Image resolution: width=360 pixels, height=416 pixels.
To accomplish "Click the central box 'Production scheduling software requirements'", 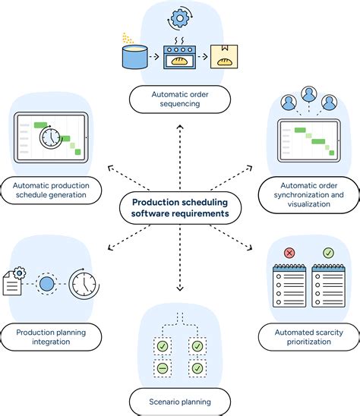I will [x=180, y=208].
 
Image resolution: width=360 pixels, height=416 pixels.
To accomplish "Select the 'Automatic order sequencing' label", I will [x=180, y=98].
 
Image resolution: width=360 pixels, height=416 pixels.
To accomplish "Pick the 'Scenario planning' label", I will [x=180, y=399].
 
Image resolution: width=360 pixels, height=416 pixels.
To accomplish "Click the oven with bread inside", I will [x=180, y=55].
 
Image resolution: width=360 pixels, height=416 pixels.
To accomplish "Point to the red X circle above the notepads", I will [x=289, y=252].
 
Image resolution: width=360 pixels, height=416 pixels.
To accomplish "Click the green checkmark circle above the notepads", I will [x=327, y=252].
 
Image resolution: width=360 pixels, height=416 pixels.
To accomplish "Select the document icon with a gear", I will [x=15, y=282].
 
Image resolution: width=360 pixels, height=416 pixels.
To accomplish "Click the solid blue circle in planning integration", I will [x=47, y=284].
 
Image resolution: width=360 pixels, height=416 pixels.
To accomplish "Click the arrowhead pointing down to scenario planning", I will [x=180, y=289].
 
